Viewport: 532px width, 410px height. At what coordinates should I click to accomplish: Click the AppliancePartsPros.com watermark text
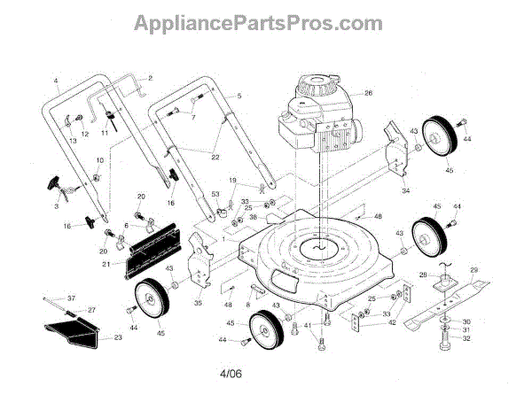coord(258,22)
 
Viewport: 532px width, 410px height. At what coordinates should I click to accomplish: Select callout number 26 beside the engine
coord(368,93)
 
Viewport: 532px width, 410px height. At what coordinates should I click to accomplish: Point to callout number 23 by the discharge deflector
coord(118,337)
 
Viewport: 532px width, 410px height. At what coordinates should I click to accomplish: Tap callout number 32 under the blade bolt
coord(466,338)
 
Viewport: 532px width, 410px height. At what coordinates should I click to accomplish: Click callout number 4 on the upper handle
coord(56,81)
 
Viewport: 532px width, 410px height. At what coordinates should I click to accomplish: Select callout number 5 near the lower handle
coord(239,94)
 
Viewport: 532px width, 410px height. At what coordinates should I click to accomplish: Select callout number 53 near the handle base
coord(215,195)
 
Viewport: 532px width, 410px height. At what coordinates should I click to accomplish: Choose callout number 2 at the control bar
coord(150,78)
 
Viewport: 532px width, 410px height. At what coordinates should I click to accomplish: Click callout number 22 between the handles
coord(214,157)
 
